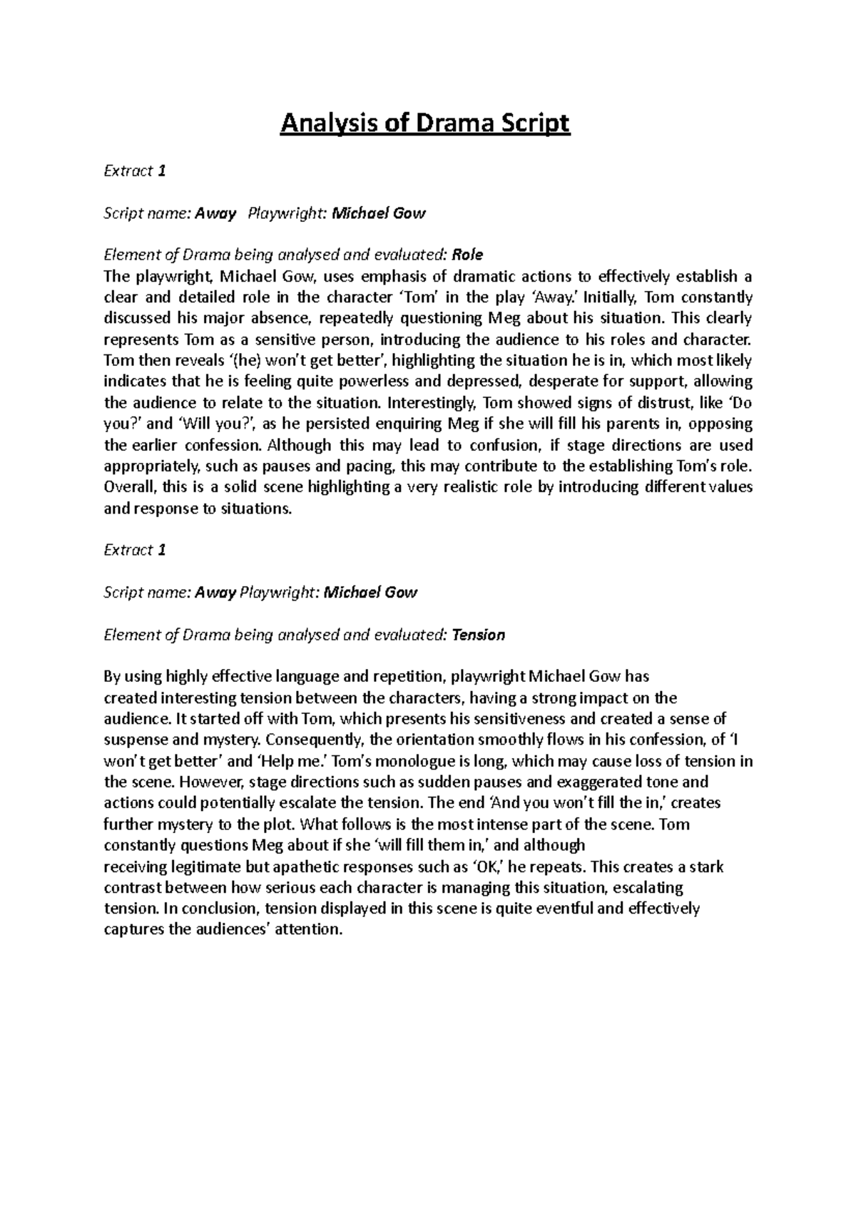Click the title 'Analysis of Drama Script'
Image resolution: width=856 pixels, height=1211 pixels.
(426, 124)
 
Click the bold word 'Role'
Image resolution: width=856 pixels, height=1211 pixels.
(468, 255)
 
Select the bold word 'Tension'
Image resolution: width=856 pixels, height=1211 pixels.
(479, 635)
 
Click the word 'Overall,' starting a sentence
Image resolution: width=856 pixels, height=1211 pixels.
(129, 487)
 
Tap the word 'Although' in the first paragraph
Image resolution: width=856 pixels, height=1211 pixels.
(300, 446)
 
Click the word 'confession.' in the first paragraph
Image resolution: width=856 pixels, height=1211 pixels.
(225, 446)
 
